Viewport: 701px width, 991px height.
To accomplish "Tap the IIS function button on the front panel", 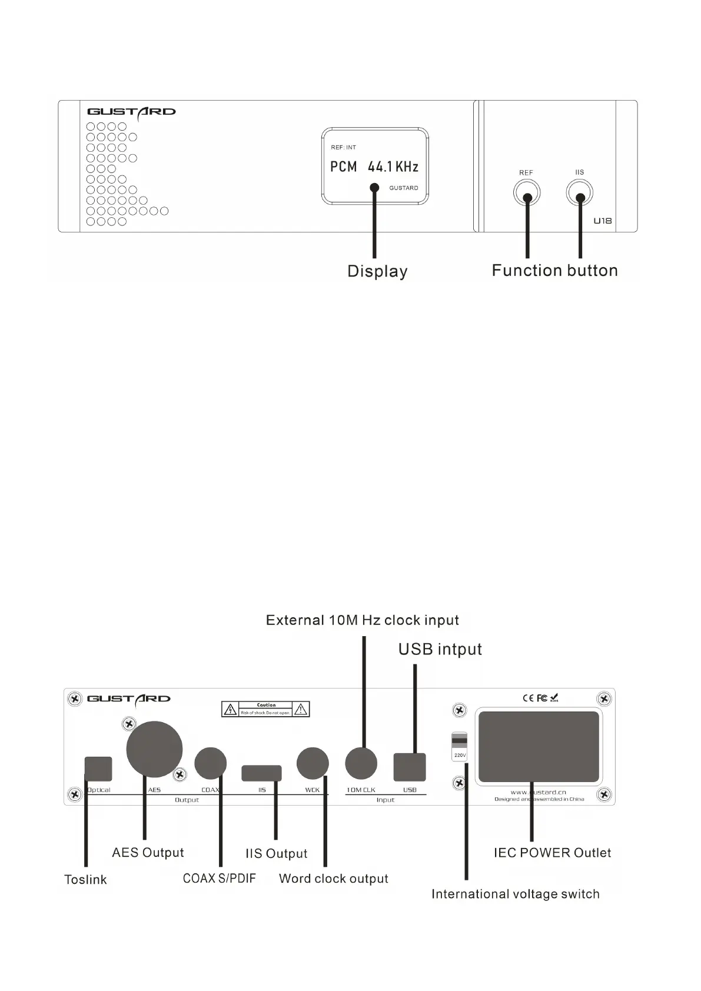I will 580,192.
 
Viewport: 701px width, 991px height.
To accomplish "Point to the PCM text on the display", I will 344,167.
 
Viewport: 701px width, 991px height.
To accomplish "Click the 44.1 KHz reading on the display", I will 393,167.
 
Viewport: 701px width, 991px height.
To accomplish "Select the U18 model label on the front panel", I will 602,221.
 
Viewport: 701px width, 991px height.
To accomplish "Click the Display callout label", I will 377,271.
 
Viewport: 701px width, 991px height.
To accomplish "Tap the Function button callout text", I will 554,271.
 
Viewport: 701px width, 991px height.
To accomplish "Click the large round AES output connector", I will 154,749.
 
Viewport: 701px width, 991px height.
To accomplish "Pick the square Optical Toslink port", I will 98,769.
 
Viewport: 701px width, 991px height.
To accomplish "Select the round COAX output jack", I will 210,763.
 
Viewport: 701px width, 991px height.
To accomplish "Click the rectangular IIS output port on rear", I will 261,773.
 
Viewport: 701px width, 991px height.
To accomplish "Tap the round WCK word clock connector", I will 313,763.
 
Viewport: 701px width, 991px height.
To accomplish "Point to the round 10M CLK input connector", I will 361,763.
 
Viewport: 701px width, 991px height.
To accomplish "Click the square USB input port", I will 410,767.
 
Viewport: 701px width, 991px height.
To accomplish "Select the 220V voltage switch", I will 459,746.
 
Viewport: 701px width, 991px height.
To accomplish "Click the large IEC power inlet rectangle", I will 539,747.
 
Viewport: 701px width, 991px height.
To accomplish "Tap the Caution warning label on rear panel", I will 265,709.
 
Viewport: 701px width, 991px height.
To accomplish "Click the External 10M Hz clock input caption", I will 362,620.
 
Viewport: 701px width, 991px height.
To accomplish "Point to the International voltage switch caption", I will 515,894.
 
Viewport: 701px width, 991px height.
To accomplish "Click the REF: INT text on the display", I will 343,147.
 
